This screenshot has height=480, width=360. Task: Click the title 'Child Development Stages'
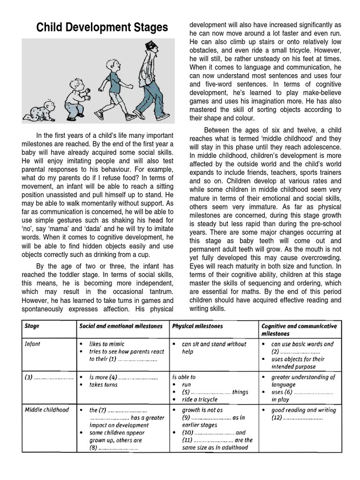[102, 28]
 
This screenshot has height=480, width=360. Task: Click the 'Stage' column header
[33, 325]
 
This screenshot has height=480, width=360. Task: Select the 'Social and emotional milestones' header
[121, 325]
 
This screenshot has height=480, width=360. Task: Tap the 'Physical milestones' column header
[197, 325]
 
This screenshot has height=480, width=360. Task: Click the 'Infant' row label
[33, 344]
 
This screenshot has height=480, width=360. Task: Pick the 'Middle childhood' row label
[46, 409]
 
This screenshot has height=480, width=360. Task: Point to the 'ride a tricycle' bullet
[199, 399]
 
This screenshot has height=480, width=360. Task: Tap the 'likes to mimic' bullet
[108, 344]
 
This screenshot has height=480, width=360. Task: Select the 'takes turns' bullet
[104, 384]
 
